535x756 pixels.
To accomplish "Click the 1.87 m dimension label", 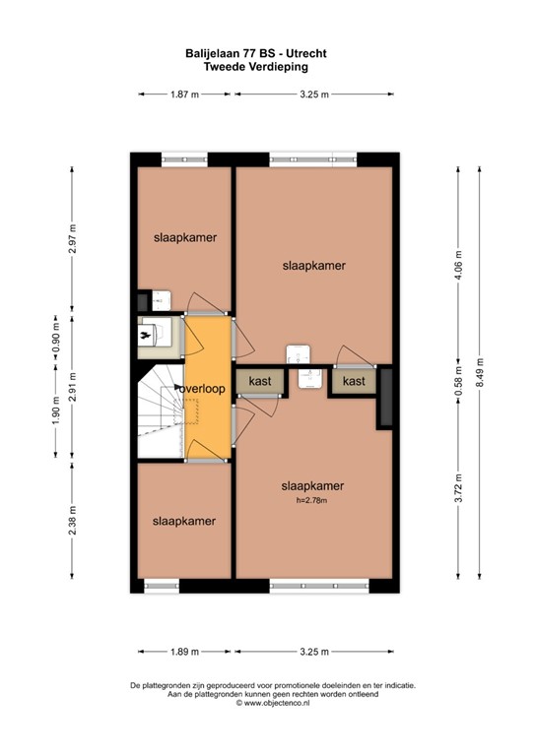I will pos(184,94).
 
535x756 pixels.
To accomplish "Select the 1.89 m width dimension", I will pos(184,652).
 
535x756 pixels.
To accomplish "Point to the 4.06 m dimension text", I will pos(456,261).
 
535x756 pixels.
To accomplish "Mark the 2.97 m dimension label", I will pos(73,239).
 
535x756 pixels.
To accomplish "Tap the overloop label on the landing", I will pos(203,389).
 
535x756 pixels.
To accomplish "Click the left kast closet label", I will pos(260,381).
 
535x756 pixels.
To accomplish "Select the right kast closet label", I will pos(354,381).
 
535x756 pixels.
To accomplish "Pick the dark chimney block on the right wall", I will pos(384,398).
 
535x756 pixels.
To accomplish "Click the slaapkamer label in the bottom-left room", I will pos(184,521).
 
